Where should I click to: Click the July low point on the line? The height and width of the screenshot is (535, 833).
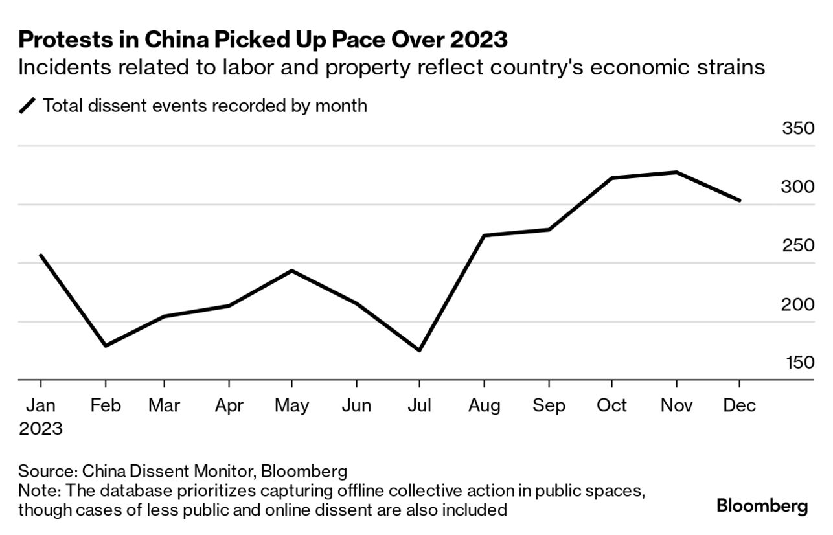pos(419,350)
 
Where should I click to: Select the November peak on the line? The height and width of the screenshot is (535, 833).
pos(676,172)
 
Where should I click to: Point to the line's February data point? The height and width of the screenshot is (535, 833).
pos(105,345)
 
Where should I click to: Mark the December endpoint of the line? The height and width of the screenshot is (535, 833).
pos(739,200)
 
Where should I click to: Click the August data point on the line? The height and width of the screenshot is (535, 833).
pos(485,235)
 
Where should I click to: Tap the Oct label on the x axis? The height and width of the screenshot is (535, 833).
pos(611,405)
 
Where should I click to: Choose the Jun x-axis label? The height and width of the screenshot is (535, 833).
pos(356,405)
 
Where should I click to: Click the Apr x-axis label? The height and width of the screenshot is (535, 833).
pos(228,405)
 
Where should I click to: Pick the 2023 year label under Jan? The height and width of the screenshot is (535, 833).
pos(40,429)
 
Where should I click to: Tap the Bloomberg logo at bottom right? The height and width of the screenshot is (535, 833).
pos(762,506)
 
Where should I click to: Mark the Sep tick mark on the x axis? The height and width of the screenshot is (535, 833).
pos(549,385)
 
